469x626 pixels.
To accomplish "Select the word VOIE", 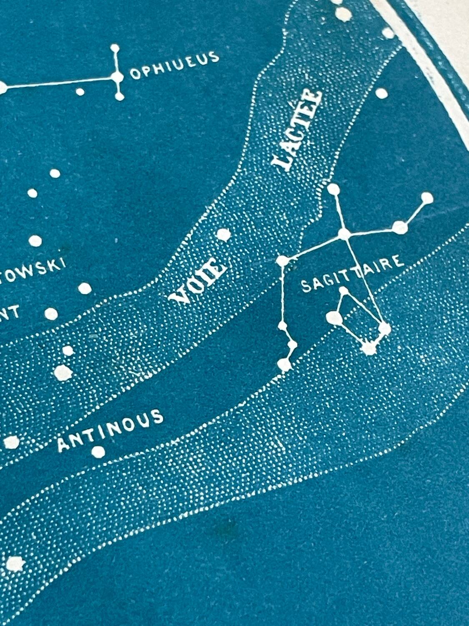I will point(199,280).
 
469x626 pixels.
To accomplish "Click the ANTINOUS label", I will point(110,430).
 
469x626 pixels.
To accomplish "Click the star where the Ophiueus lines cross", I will point(118,76).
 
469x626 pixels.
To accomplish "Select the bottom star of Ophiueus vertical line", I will point(119,97).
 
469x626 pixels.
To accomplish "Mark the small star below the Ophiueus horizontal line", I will point(80,91).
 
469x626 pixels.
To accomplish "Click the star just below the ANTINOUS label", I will point(98,452).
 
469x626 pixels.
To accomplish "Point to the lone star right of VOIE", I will point(224,235).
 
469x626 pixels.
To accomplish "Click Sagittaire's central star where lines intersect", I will point(344,234).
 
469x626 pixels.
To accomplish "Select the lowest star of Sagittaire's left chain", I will point(285,365).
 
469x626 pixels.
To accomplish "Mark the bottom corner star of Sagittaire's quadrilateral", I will point(369,348).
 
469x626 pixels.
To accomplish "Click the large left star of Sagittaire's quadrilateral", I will point(334,318).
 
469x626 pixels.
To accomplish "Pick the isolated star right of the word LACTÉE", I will point(381,93).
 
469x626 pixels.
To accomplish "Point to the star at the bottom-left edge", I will point(15,565).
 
